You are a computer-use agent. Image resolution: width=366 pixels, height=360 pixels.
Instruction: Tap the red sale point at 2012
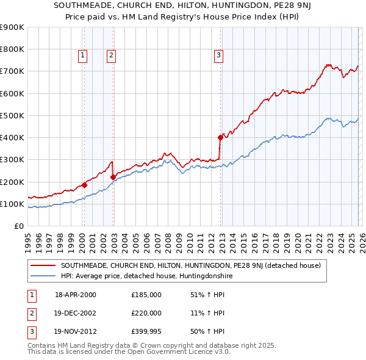[220, 137]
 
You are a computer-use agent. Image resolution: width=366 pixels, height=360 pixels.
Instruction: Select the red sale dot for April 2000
[84, 185]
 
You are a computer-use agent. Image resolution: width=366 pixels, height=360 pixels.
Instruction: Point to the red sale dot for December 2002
[113, 177]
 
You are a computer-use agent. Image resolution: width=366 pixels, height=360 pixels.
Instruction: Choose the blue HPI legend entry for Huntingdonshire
[146, 276]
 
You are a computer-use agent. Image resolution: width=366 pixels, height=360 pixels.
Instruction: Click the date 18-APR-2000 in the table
[76, 295]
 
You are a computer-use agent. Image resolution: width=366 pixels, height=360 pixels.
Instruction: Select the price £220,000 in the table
[146, 313]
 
